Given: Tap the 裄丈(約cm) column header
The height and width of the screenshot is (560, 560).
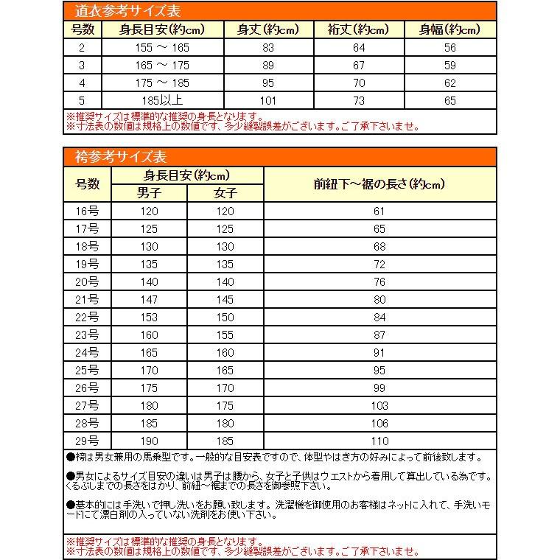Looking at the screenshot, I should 360,30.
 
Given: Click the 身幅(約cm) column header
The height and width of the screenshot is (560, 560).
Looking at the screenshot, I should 449,30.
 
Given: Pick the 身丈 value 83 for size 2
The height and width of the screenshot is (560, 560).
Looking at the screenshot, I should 267,48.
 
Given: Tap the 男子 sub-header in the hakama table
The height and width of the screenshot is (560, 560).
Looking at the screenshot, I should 149,193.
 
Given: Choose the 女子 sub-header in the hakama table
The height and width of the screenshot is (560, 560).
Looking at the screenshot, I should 225,193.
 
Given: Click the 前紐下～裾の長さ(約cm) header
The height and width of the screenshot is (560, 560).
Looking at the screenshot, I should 379,184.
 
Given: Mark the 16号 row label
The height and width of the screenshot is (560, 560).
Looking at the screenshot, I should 87,211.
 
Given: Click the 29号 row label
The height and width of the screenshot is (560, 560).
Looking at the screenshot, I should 87,441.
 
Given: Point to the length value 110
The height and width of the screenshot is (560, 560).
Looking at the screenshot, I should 379,441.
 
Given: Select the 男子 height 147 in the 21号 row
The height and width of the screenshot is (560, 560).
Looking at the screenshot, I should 149,300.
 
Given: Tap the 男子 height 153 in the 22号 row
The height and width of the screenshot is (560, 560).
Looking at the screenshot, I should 149,318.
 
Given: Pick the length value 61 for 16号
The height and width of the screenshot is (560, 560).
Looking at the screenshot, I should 379,211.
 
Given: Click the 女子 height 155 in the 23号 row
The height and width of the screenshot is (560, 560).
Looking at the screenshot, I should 225,335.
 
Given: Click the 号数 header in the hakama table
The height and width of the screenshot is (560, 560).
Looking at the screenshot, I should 87,184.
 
